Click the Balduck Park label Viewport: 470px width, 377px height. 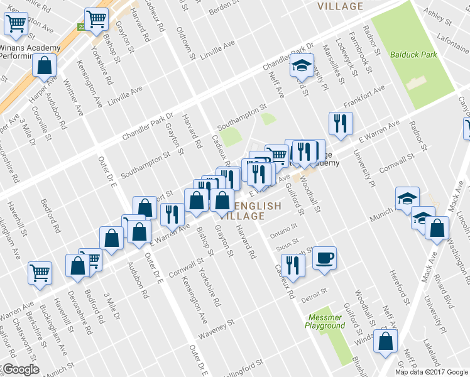pos(413,55)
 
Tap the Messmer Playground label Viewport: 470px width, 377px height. pos(325,321)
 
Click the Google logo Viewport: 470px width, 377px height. pos(21,369)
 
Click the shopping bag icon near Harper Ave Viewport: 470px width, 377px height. pos(45,65)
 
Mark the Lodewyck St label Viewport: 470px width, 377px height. pos(346,60)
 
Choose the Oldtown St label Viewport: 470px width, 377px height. pos(187,41)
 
